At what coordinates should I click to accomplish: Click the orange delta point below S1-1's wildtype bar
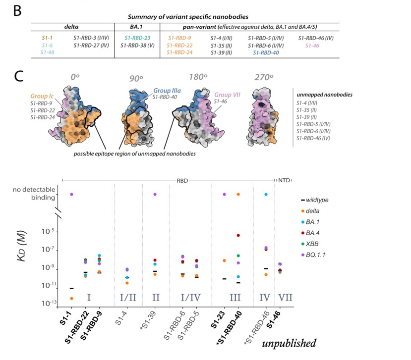(x=72, y=298)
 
